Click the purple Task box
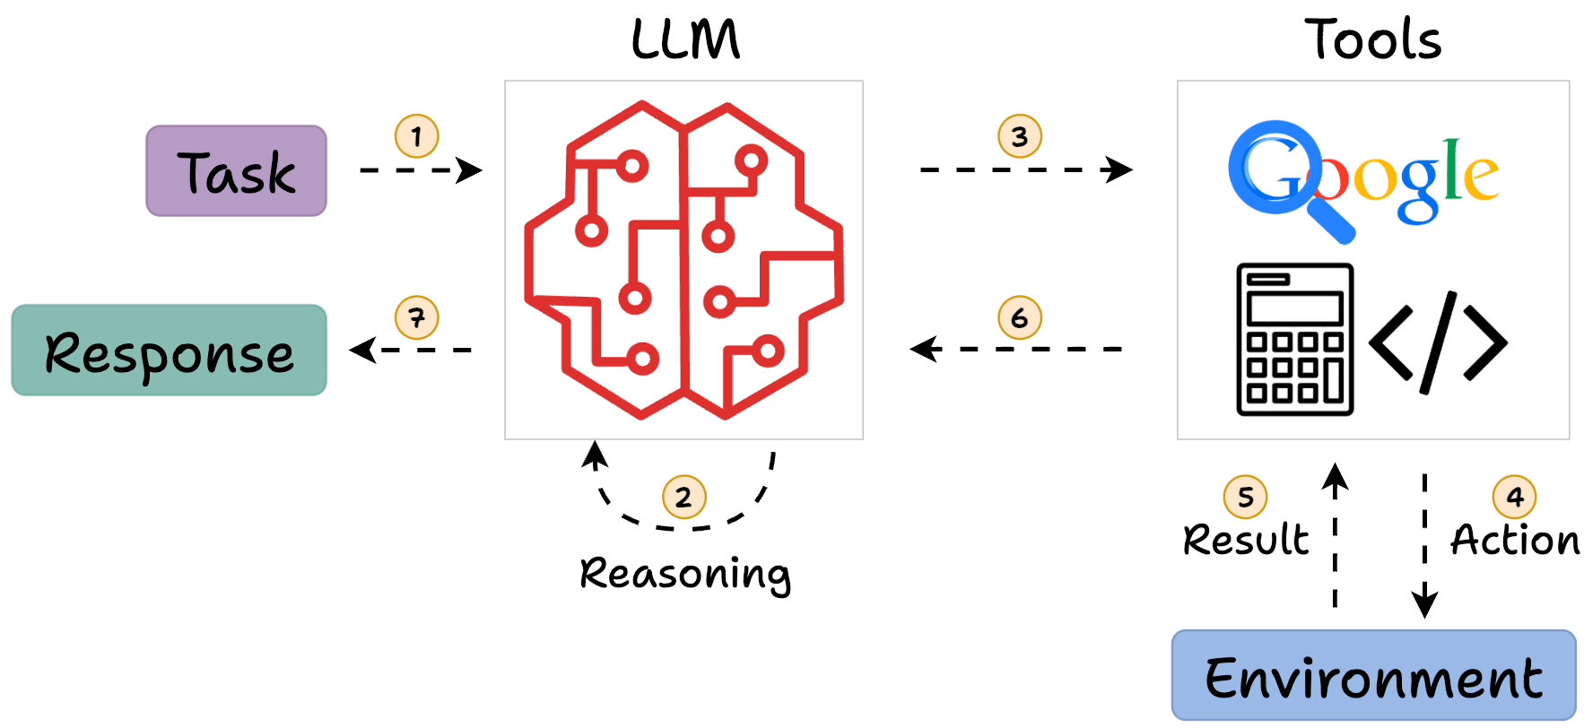(x=237, y=171)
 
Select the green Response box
(x=170, y=351)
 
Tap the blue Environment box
(x=1373, y=675)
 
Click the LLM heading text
(x=685, y=40)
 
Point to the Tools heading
(x=1373, y=40)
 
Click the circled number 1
(x=417, y=136)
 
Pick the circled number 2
(x=684, y=497)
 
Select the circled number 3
(x=1020, y=136)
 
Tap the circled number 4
(x=1515, y=497)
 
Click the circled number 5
(x=1246, y=497)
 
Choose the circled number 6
(x=1020, y=317)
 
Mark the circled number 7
(x=417, y=317)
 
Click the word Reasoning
(x=685, y=574)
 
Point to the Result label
(x=1246, y=540)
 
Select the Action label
(x=1515, y=540)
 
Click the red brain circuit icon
(x=683, y=260)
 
